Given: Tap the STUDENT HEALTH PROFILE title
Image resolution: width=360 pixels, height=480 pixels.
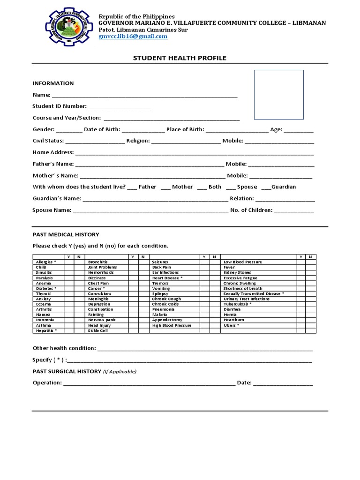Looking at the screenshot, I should coord(180,58).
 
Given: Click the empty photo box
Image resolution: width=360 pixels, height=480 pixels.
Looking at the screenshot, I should coord(278,95).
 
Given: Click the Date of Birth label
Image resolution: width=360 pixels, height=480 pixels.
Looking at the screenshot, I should coord(102,129).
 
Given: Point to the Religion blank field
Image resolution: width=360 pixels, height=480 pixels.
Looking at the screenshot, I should coord(186,141).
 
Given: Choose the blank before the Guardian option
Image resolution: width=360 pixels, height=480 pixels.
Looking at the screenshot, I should coord(266,187).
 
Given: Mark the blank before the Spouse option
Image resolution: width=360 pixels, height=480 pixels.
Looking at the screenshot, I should coord(230,187).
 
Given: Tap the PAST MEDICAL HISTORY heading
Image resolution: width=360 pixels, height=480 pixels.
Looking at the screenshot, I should coord(66,234).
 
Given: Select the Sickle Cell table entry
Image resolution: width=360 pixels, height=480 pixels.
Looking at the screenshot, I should coord(98,330).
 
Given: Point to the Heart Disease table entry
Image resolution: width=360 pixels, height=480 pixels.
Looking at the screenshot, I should coord(167,278).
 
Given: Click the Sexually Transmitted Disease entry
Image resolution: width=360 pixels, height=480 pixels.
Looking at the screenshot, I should coord(254,293).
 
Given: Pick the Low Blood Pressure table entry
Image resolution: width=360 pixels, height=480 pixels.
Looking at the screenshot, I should coord(242,262).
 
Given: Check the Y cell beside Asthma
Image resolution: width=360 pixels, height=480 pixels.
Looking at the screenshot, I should coord(68,325).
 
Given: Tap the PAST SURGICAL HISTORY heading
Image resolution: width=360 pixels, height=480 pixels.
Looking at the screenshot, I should coord(67,371).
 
